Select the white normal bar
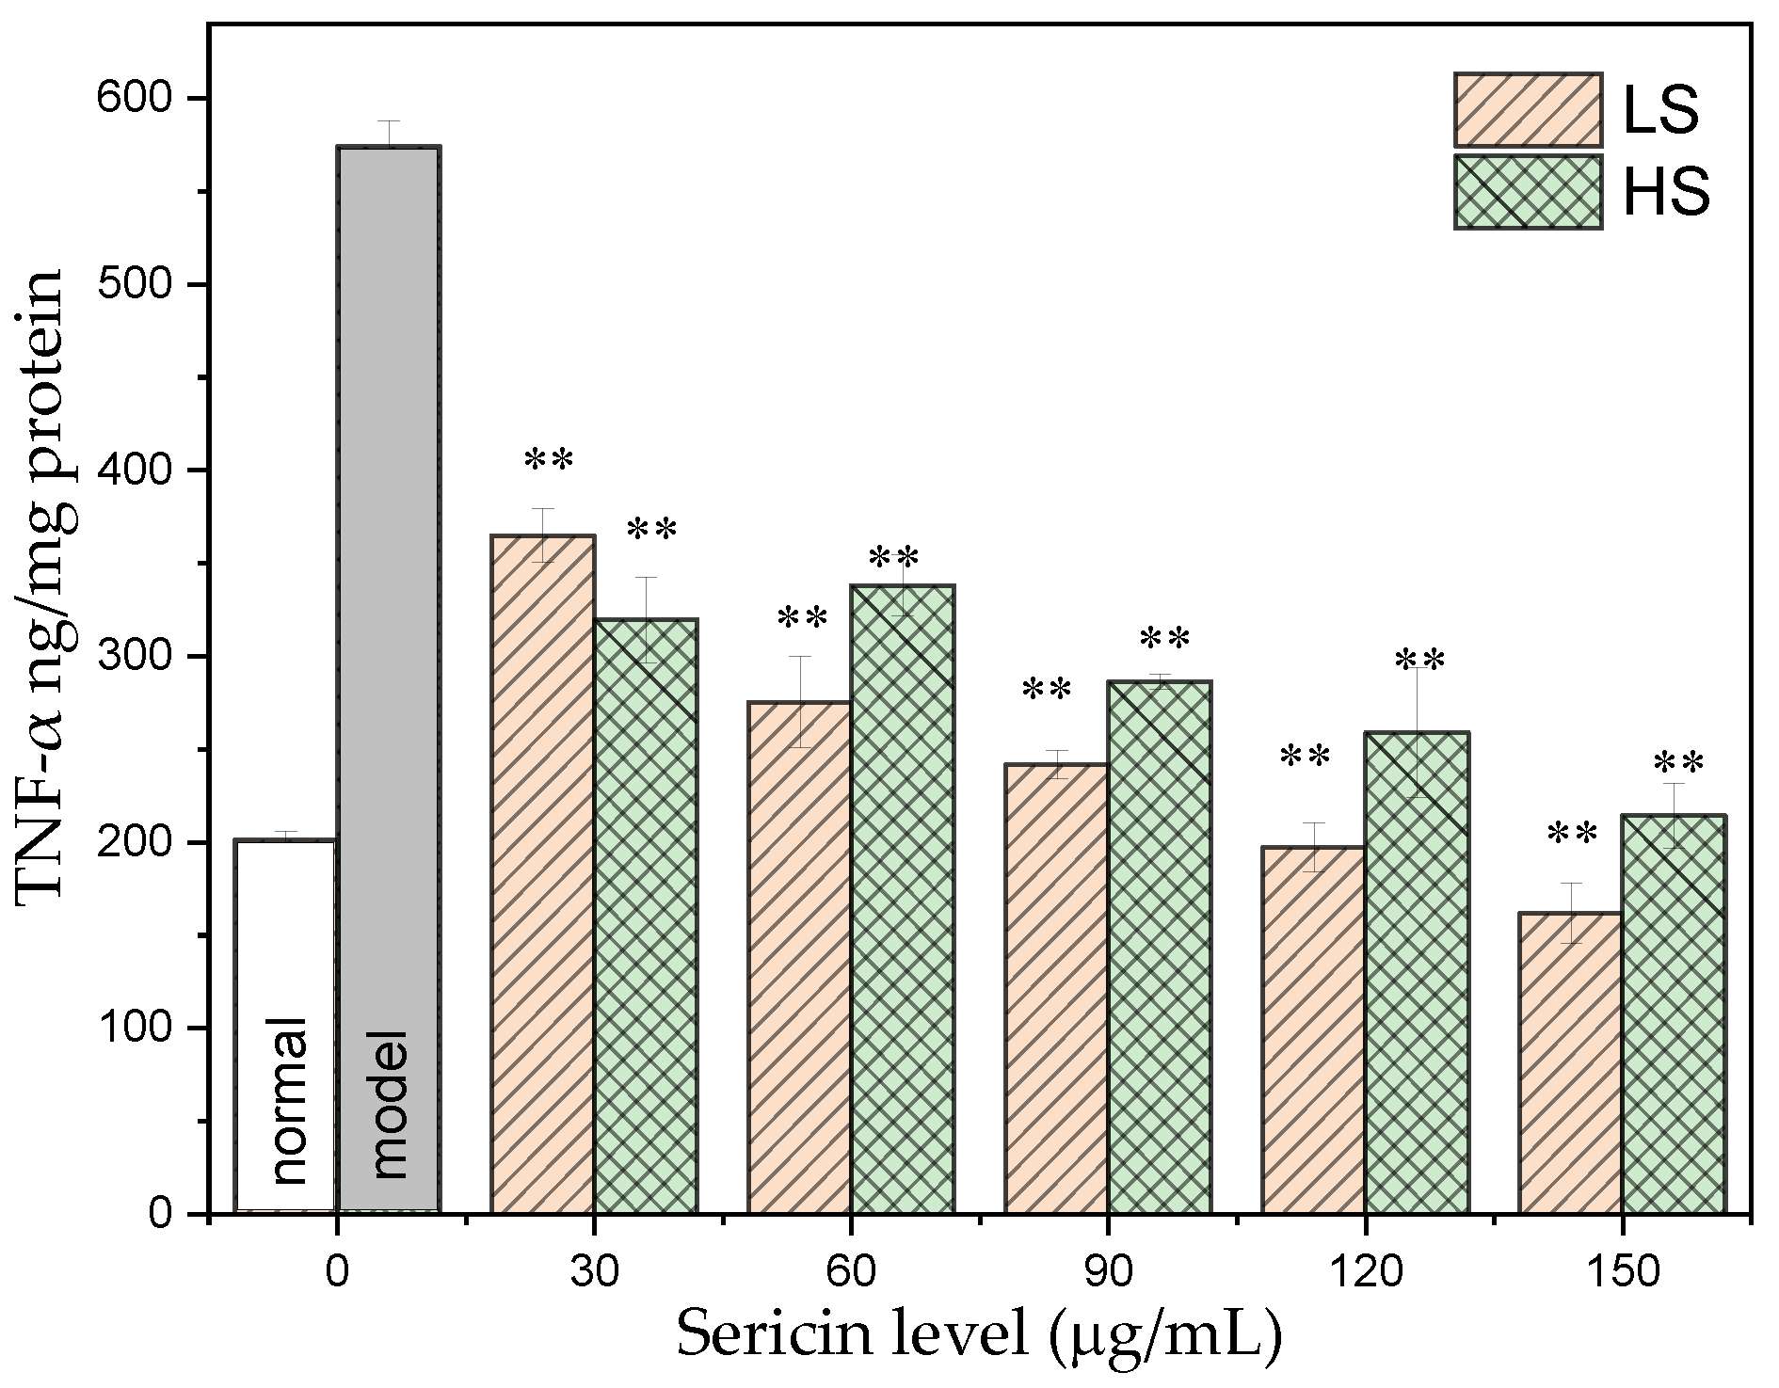[285, 941]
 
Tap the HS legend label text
[1666, 194]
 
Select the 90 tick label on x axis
[1107, 1272]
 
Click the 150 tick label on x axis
[1621, 1272]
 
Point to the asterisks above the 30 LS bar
[549, 461]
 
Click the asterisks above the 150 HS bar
[1678, 761]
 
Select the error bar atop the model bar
[389, 133]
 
